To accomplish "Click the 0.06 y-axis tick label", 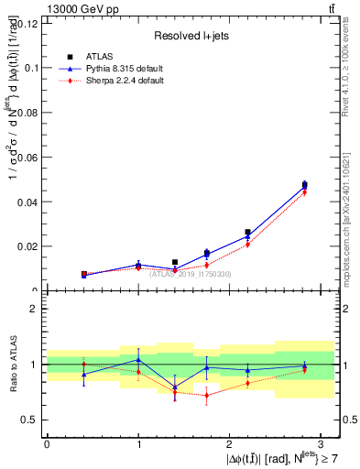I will click(27, 157).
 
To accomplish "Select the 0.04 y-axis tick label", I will click(27, 202).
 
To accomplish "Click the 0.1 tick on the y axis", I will click(31, 68).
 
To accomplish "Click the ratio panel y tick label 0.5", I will click(31, 420).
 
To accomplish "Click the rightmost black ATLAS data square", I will click(305, 185).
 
